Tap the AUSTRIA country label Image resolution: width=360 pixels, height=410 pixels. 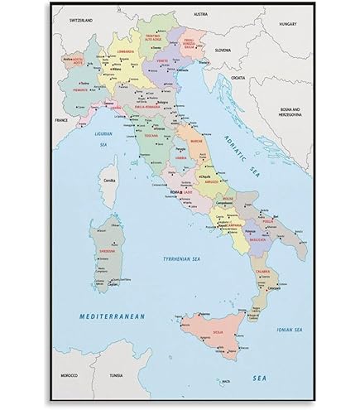[x=200, y=14]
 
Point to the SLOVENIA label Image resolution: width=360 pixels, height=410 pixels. [x=223, y=51]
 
